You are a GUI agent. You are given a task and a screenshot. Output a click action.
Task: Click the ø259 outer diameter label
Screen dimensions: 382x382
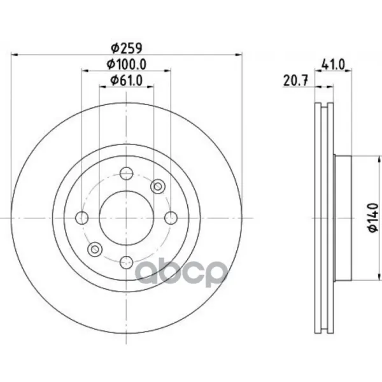click(x=127, y=48)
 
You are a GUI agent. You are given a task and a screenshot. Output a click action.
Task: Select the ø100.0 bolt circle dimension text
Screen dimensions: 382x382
click(x=127, y=64)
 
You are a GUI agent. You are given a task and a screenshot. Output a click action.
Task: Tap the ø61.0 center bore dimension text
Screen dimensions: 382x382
click(x=127, y=81)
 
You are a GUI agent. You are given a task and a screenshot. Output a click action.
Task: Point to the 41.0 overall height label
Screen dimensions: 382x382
click(x=333, y=65)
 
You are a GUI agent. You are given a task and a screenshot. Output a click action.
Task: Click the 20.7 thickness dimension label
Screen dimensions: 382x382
click(x=296, y=81)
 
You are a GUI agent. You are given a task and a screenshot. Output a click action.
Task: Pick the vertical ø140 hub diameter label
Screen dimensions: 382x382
click(x=373, y=217)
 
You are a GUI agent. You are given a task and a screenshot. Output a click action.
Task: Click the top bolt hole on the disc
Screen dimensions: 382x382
click(x=127, y=173)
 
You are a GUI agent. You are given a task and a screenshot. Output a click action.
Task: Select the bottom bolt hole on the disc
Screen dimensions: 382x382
click(x=127, y=262)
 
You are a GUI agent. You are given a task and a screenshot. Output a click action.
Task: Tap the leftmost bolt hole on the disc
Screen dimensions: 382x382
click(x=82, y=218)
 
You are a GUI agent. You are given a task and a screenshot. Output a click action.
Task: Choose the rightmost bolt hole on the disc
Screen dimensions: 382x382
click(x=171, y=218)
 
